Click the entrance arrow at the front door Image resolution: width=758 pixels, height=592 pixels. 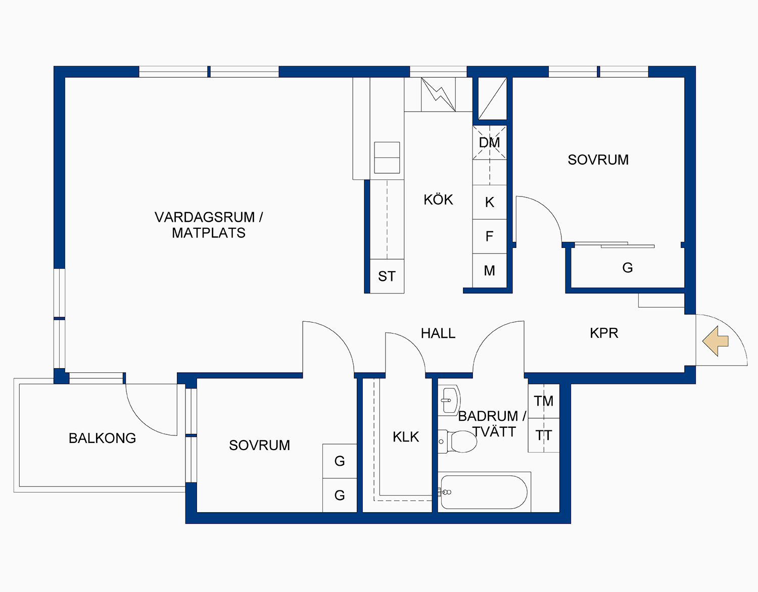(716, 341)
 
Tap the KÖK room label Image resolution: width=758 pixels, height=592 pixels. (438, 200)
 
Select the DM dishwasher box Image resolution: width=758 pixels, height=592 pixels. (489, 143)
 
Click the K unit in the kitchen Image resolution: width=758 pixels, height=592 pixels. (489, 203)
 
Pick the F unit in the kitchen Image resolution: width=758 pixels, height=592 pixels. (489, 236)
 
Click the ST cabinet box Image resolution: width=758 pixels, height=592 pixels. (387, 276)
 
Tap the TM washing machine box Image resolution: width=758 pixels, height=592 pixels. (544, 401)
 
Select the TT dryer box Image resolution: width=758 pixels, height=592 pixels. (544, 435)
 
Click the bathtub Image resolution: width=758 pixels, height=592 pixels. (484, 492)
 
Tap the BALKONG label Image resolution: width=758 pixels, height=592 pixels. (102, 438)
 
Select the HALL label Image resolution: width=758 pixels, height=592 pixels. (438, 333)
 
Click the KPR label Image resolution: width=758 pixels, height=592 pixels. (604, 333)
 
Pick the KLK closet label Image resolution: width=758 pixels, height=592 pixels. (406, 437)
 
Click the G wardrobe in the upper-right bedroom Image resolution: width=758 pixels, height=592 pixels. (627, 268)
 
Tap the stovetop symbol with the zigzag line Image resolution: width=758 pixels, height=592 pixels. (438, 94)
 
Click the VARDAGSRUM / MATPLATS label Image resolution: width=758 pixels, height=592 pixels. (208, 225)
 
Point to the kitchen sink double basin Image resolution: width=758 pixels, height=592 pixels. (387, 158)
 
